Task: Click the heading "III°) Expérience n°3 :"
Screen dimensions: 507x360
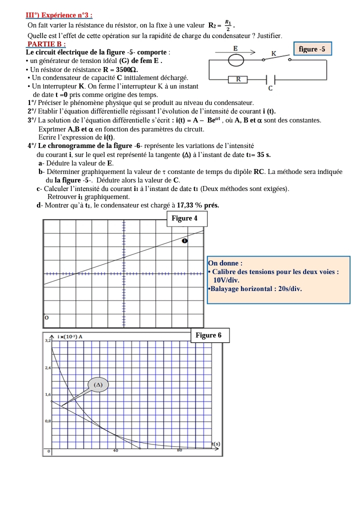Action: [x=59, y=15]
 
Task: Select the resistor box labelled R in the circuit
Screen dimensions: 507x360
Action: [x=238, y=79]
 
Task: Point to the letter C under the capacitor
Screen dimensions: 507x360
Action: [x=270, y=88]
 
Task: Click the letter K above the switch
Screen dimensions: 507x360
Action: [x=273, y=53]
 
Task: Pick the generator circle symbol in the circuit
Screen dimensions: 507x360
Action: [x=236, y=60]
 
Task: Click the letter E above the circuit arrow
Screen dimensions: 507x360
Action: [x=235, y=48]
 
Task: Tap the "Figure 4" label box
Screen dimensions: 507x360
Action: [x=184, y=218]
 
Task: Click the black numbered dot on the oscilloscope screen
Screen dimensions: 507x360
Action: [x=184, y=241]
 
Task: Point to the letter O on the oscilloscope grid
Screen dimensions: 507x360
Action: [x=46, y=317]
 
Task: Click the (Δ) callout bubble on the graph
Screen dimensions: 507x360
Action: [x=98, y=384]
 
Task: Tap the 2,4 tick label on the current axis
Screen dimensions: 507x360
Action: [x=48, y=368]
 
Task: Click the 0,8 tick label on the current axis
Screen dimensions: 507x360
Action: [x=48, y=421]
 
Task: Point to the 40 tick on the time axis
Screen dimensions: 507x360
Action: [x=115, y=450]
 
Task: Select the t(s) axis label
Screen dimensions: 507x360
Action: [x=215, y=443]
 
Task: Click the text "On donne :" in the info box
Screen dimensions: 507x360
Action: [x=225, y=263]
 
